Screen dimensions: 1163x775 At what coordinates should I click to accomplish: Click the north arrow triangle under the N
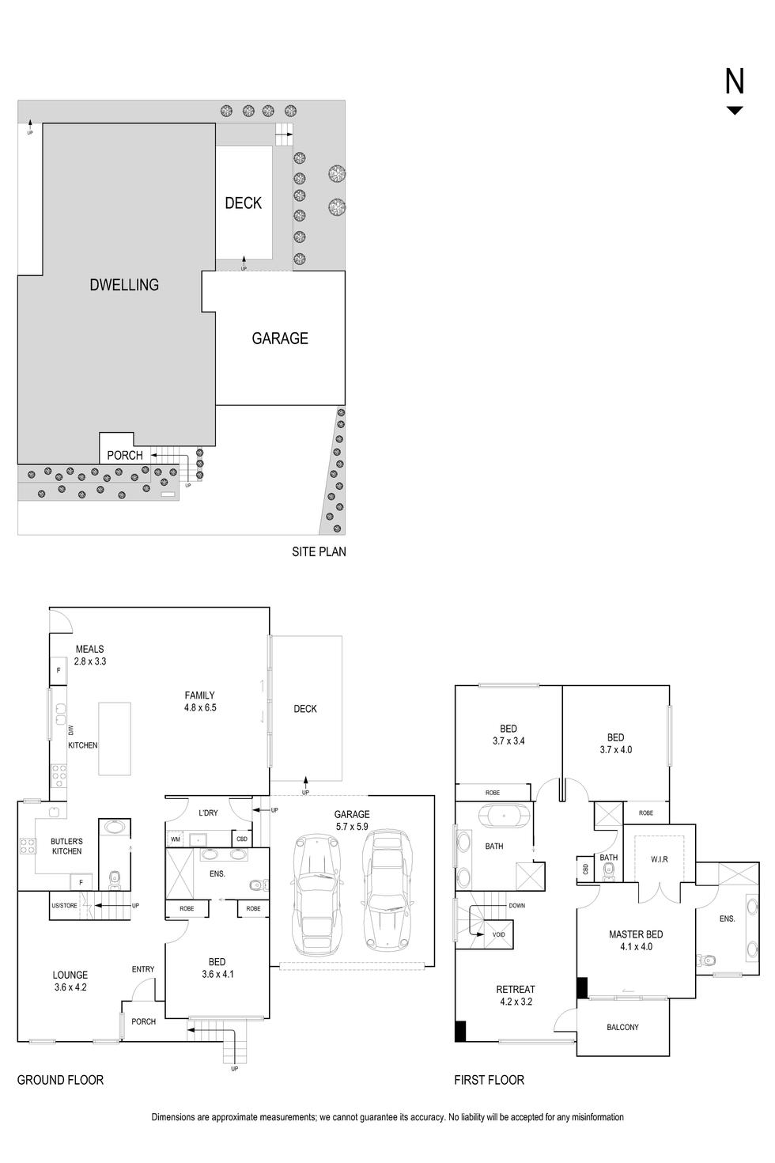735,111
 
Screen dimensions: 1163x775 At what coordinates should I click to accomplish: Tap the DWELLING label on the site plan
124,285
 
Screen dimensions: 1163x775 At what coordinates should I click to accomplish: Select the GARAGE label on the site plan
280,339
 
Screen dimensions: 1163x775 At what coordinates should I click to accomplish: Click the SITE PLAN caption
319,551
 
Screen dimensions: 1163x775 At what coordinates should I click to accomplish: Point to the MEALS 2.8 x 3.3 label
89,655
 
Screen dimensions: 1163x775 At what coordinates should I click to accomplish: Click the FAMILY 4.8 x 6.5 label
199,702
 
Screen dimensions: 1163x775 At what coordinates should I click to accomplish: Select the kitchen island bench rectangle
109,738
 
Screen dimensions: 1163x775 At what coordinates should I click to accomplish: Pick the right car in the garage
385,891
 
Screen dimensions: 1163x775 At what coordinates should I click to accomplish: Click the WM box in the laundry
175,839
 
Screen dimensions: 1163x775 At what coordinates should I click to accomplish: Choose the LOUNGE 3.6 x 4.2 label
70,981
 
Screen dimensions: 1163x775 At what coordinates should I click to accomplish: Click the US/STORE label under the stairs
65,905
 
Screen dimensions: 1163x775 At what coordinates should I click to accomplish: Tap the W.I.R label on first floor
660,859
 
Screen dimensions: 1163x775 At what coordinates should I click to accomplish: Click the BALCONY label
622,1027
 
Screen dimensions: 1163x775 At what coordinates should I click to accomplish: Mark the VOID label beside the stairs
498,934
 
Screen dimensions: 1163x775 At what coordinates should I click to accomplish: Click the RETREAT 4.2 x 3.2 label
515,995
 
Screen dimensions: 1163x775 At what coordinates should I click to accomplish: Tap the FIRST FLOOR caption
489,1080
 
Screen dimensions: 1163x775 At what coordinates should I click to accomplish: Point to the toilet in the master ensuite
705,960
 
